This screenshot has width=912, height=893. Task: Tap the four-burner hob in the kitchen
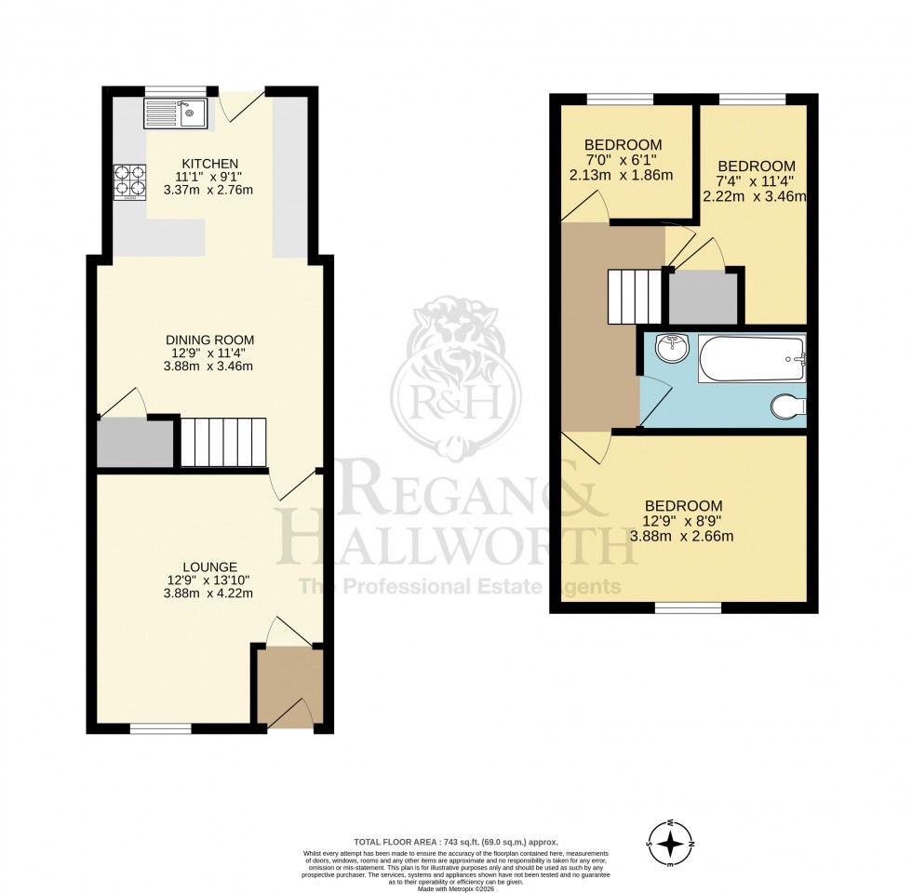129,182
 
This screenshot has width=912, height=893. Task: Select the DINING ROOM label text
208,340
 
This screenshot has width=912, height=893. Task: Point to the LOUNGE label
208,566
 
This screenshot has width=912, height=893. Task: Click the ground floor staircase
222,443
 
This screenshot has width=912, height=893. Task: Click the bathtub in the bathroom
751,360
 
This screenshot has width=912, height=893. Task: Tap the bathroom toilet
789,407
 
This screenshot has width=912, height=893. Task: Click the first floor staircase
637,295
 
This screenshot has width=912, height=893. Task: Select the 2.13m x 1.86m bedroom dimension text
623,175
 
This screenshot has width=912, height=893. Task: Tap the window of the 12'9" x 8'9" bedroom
687,608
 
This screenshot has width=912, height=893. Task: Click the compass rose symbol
669,844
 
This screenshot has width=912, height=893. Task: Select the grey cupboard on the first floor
703,298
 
